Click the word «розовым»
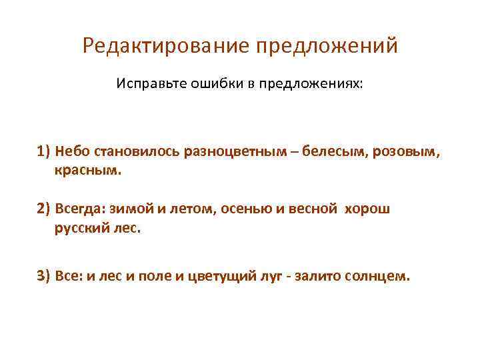click(x=405, y=151)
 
